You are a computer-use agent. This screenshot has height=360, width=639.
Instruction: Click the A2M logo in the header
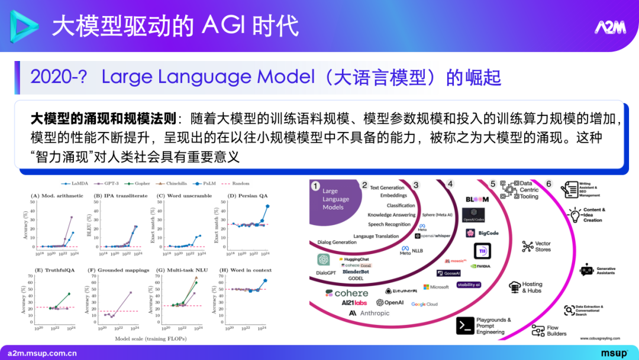point(609,27)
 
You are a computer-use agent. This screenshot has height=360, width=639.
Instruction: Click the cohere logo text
point(347,293)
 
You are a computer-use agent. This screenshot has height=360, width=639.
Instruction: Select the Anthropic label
point(369,313)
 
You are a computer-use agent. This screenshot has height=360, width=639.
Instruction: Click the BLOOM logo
point(477,200)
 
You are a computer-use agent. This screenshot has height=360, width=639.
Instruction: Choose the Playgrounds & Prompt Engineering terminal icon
point(465,325)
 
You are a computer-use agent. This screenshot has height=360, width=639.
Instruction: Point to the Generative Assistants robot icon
point(586,270)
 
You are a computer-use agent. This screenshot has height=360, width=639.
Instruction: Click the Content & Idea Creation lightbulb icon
point(574,214)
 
